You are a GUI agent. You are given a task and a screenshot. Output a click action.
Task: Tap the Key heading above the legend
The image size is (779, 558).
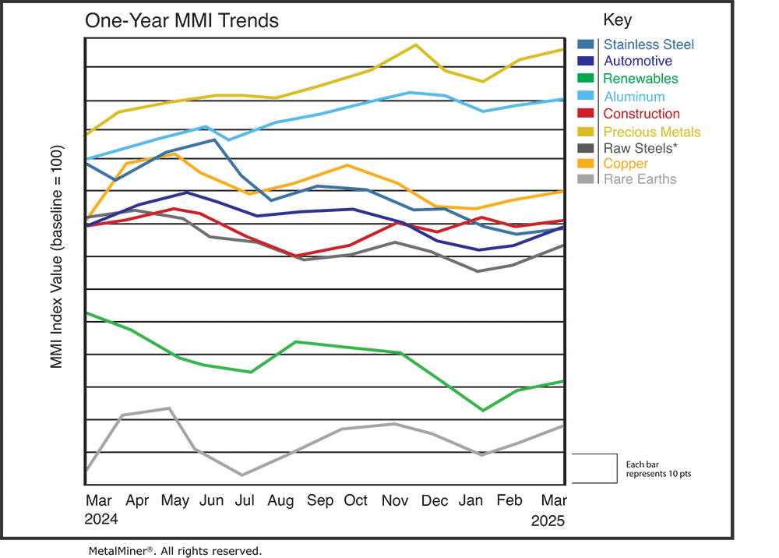[x=618, y=20]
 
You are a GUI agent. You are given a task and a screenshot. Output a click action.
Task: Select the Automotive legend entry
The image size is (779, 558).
[x=637, y=62]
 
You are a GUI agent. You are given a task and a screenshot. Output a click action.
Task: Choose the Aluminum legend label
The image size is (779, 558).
[x=633, y=97]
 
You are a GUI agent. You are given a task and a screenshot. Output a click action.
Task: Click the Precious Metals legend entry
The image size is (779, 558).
[x=651, y=132]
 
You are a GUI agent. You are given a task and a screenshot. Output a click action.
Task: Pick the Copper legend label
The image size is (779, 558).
[x=626, y=164]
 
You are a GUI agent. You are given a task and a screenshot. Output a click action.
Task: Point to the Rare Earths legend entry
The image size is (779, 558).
[x=640, y=179]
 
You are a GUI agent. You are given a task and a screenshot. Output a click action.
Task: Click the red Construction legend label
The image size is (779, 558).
[x=641, y=115]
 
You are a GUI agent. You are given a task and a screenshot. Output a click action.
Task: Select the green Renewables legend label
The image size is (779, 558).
[x=640, y=79]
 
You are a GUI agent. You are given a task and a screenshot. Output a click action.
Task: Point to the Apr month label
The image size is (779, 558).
[x=137, y=500]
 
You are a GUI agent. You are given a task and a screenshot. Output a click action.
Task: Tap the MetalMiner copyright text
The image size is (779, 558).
[x=175, y=551]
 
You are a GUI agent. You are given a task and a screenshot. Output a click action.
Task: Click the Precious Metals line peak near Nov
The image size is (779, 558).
[x=414, y=44]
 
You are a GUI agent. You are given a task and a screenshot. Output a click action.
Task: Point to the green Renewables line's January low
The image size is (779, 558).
[x=484, y=410]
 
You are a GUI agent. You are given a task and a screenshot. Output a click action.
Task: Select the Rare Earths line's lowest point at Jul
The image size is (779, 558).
[x=242, y=475]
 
